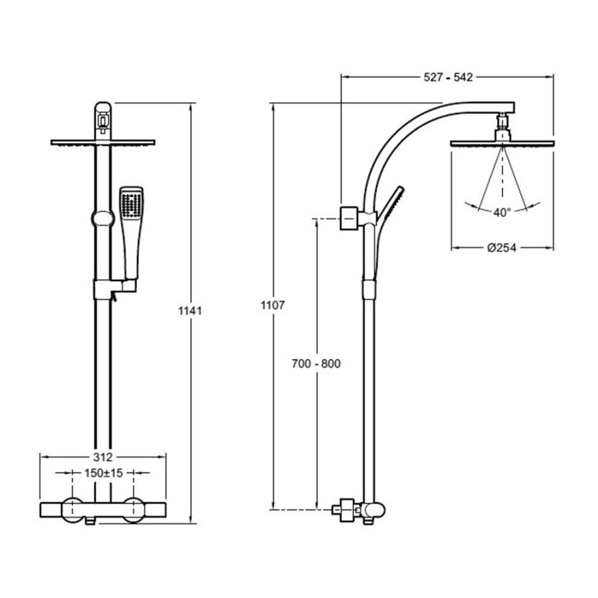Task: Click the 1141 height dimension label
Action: [190, 311]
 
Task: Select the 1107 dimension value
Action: [272, 305]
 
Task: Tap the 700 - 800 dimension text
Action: [316, 363]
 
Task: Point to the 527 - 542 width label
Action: [448, 78]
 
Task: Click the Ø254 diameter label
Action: [502, 248]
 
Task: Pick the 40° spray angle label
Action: [502, 213]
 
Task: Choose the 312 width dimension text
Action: [103, 456]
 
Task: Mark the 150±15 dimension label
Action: [104, 473]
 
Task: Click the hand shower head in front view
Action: [132, 233]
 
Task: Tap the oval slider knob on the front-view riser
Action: [102, 219]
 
